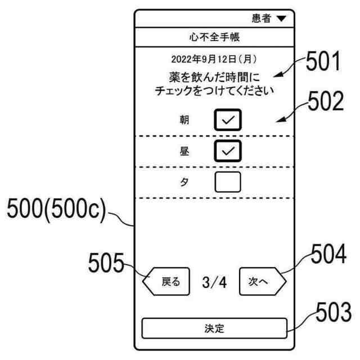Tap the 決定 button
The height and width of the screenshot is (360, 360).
pyautogui.click(x=214, y=327)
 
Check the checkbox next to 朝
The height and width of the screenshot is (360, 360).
pyautogui.click(x=227, y=119)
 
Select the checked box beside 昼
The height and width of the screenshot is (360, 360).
pyautogui.click(x=227, y=151)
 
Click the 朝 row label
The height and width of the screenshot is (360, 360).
pyautogui.click(x=184, y=119)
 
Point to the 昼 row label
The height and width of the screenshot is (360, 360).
pyautogui.click(x=184, y=151)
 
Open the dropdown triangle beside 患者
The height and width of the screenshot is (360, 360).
pyautogui.click(x=281, y=19)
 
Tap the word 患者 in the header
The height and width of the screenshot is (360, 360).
pyautogui.click(x=262, y=19)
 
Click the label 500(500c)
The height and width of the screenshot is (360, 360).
pyautogui.click(x=56, y=213)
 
